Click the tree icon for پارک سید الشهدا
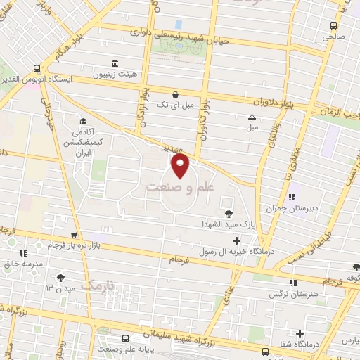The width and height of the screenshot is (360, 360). point(228,213)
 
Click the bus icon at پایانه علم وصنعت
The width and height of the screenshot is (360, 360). point(125,338)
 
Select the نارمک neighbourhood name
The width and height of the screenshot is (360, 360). point(96,285)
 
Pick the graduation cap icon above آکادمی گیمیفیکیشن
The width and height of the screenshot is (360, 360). point(83,122)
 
